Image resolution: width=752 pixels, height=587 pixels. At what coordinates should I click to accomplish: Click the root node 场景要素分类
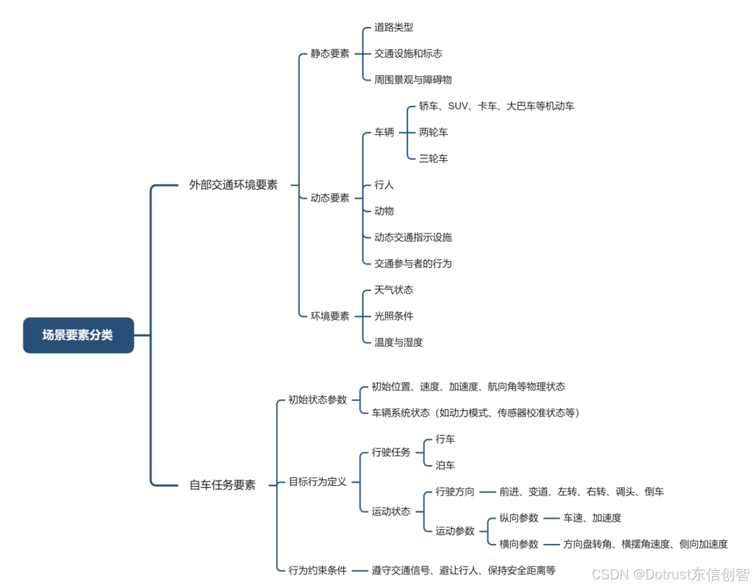[x=78, y=335]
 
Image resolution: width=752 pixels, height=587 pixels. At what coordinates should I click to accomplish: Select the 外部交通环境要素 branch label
[x=233, y=185]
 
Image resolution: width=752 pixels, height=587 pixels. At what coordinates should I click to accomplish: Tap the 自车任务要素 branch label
[x=222, y=485]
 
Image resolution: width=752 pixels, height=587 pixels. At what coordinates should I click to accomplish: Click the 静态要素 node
[x=330, y=54]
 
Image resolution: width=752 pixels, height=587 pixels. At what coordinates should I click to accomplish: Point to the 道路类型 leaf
[x=393, y=28]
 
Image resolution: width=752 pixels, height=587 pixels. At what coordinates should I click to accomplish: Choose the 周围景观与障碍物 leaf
[x=413, y=80]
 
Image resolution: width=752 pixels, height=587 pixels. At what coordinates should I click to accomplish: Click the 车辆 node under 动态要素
[x=384, y=132]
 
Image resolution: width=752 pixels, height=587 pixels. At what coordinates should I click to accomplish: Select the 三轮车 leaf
[x=433, y=158]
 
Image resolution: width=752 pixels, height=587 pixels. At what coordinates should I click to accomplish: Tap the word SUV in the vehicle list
[x=457, y=106]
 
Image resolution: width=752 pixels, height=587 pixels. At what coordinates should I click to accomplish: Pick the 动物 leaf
[x=384, y=211]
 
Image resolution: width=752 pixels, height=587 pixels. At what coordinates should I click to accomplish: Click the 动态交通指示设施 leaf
[x=413, y=237]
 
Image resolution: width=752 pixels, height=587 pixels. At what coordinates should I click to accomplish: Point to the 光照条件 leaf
[x=393, y=316]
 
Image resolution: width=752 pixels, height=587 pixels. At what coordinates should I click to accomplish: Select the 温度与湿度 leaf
[x=398, y=343]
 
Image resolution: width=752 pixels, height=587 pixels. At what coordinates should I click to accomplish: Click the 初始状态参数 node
[x=317, y=400]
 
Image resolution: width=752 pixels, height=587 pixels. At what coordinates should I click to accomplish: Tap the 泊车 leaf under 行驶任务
[x=445, y=465]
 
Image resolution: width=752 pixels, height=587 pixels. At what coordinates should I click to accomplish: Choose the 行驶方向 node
[x=455, y=492]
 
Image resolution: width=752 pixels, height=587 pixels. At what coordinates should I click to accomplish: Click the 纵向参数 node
[x=518, y=518]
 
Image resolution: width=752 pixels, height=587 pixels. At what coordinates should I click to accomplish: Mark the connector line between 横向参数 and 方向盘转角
[x=551, y=544]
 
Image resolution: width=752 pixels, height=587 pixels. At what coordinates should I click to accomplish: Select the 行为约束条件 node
[x=317, y=570]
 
